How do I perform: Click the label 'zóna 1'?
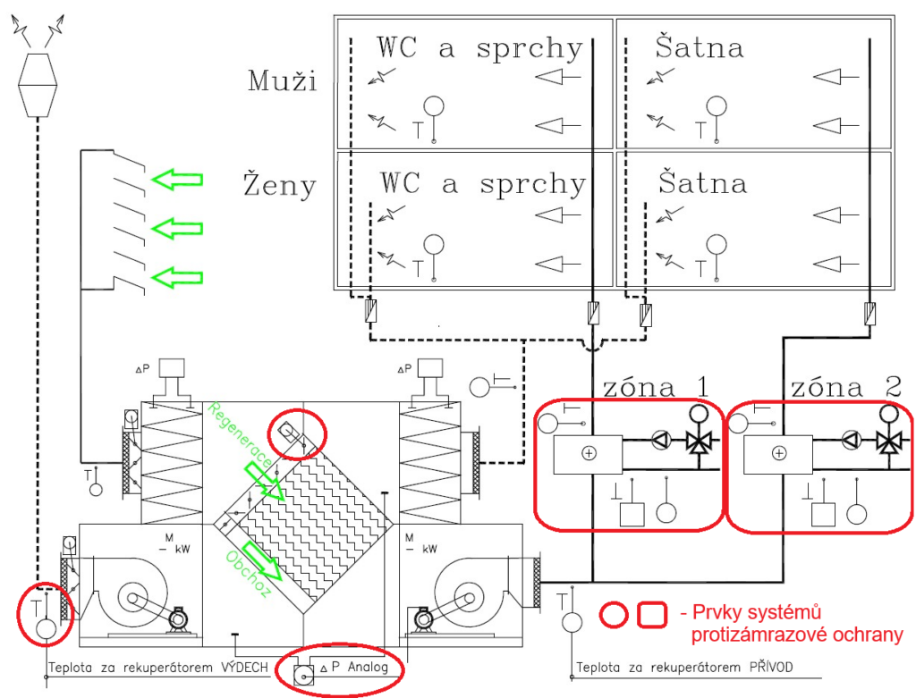tap(656, 387)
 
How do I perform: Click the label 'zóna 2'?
tap(846, 387)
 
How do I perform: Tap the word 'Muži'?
tap(283, 80)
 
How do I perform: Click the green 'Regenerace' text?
tap(240, 434)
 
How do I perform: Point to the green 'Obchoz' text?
tap(249, 574)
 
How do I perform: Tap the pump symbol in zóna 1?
tap(661, 440)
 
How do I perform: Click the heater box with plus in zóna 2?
tap(778, 454)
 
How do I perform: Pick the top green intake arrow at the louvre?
tap(177, 179)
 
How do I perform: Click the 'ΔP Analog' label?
tap(354, 667)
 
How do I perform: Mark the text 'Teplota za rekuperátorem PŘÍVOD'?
tap(684, 667)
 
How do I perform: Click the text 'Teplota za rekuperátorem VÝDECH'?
tap(157, 667)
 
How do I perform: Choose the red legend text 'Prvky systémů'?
tap(757, 612)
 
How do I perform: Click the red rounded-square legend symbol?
tap(652, 615)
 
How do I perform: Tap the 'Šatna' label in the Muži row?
tap(700, 47)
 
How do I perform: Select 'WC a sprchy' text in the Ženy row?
tap(482, 183)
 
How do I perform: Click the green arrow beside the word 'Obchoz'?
tap(262, 561)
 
